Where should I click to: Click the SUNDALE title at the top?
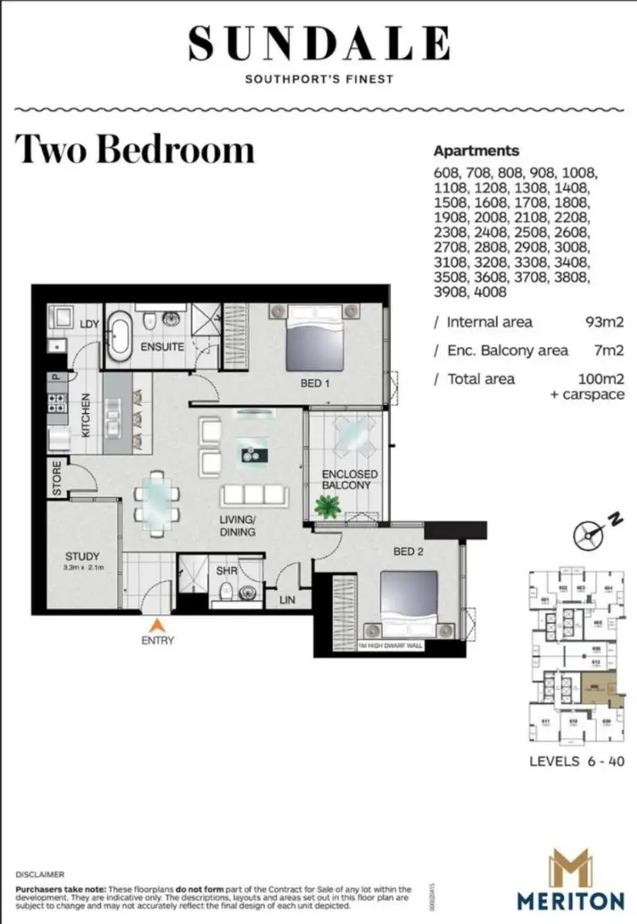click(318, 43)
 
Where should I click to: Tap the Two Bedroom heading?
click(135, 149)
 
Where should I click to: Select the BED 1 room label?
click(314, 383)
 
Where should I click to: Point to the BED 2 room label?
click(408, 552)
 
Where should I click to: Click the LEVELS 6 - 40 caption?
click(577, 761)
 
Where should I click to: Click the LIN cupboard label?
click(288, 600)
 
